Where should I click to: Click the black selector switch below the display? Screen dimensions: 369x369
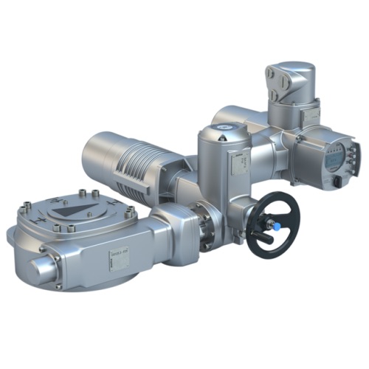pos(337,180)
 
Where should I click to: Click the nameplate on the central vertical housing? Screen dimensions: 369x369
pos(238,167)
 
